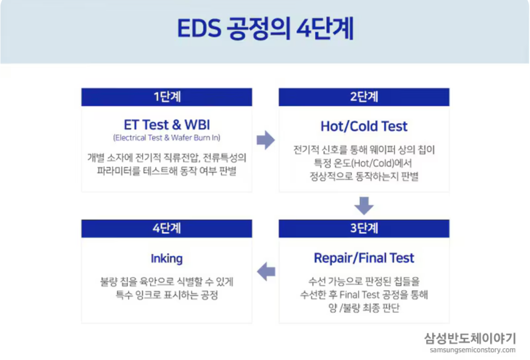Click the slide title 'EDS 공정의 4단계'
[265, 29]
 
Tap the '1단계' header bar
[167, 97]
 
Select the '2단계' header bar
[364, 97]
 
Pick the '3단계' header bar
[364, 228]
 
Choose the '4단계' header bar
[167, 228]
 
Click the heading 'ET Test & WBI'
[167, 124]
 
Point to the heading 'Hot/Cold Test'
[364, 126]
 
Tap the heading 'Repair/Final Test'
[364, 258]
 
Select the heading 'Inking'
[167, 258]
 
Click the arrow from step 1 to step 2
[265, 140]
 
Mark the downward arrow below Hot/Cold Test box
[364, 206]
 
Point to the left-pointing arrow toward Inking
[266, 271]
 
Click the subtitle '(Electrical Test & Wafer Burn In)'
[167, 138]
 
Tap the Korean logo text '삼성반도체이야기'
[470, 338]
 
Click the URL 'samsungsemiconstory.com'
[472, 350]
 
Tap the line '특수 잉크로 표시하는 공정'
[167, 295]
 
